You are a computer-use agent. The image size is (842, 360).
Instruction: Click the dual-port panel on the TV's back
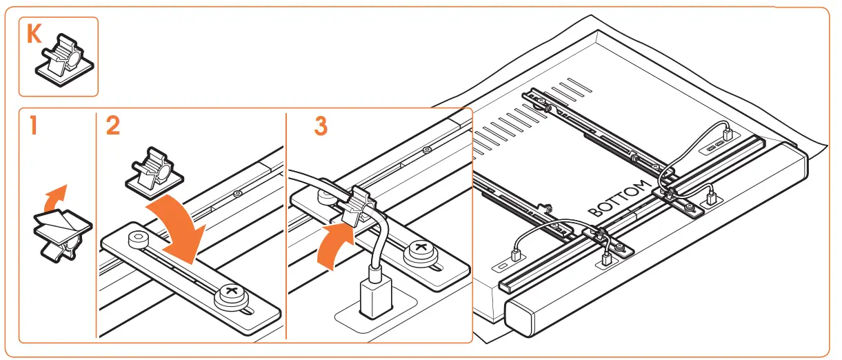[714, 146]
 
